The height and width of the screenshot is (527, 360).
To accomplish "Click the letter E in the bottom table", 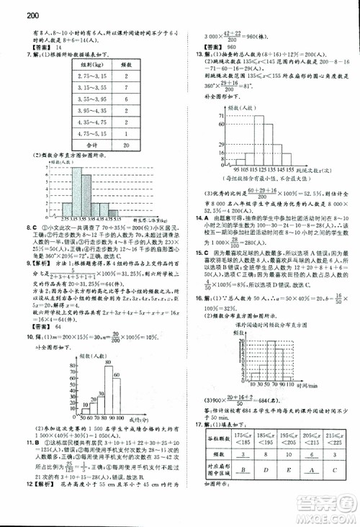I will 265,474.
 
